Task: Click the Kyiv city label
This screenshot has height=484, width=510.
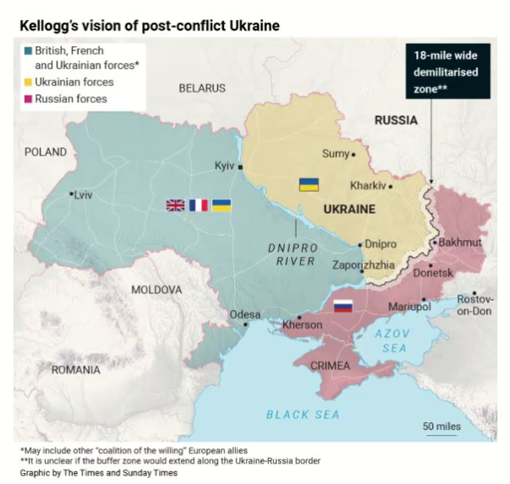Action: click(224, 166)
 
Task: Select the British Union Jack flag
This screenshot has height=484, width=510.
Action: click(175, 204)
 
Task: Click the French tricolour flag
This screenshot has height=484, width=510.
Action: click(198, 204)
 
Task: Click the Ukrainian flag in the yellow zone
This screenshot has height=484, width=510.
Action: click(309, 184)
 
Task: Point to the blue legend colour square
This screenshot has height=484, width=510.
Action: click(29, 51)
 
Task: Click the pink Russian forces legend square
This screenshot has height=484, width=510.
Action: click(29, 99)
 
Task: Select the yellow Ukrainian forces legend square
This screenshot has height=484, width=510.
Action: click(29, 82)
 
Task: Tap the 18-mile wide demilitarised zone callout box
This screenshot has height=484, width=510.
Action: click(447, 70)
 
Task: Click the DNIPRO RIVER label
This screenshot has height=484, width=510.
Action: click(292, 254)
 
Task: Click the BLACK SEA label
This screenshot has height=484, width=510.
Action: click(302, 414)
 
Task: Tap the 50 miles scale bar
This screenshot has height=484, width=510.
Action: click(441, 435)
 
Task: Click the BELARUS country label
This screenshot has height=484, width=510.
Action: click(202, 88)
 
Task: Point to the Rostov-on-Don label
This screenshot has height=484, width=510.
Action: click(474, 305)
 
